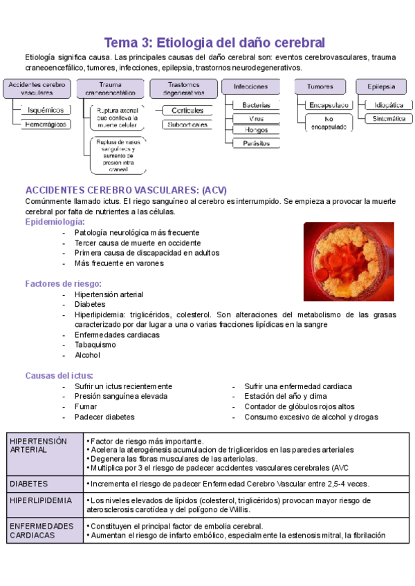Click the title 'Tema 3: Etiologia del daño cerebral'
coord(214,42)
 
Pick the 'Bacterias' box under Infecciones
coord(256,105)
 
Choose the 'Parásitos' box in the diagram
coord(256,143)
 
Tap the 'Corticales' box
coord(187,110)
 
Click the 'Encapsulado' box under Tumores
coord(329,105)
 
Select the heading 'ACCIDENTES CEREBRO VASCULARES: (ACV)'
coord(126,190)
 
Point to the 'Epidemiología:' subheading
coord(55,222)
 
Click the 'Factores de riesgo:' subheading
coord(64,283)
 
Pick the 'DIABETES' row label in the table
coord(29,484)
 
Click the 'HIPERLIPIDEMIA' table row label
coord(42,500)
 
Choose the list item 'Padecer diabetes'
coord(104,417)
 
